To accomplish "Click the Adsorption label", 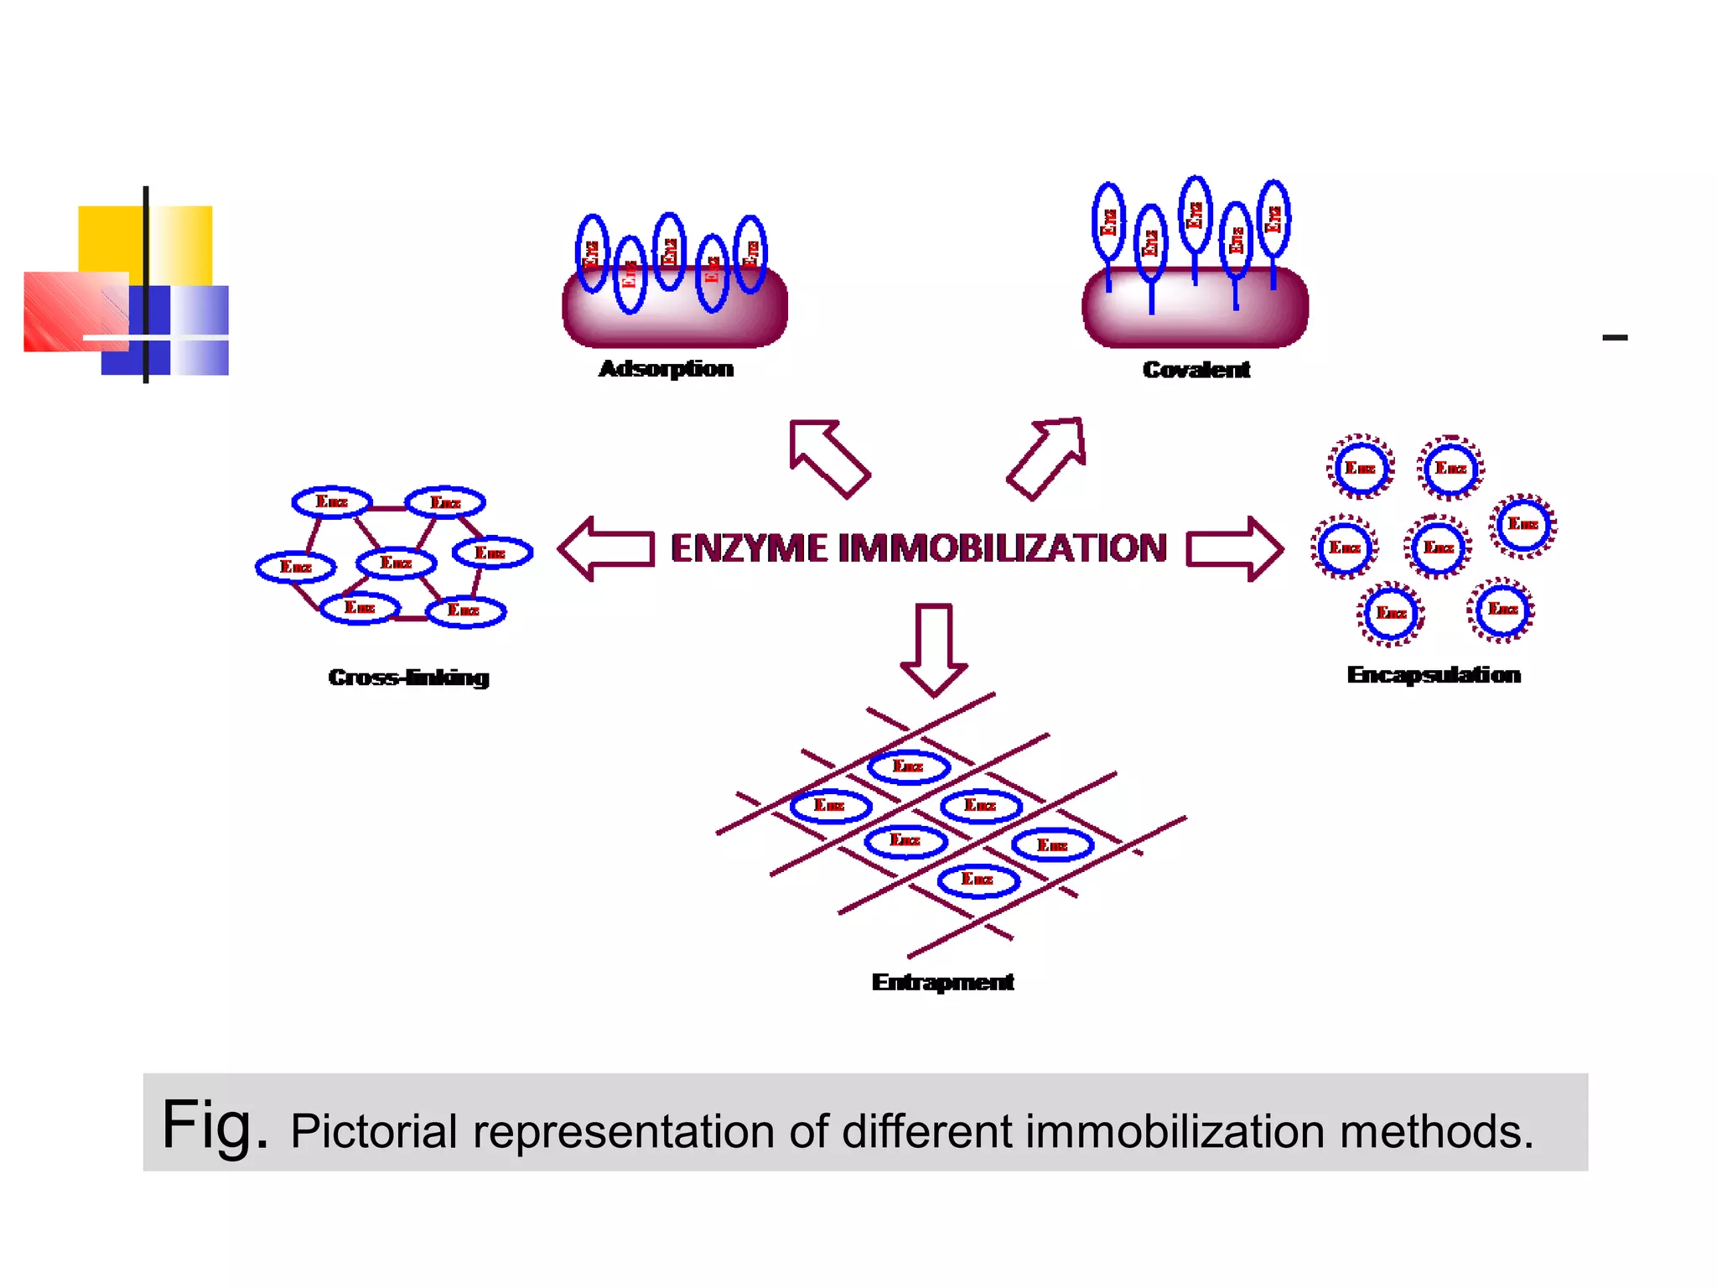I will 666,369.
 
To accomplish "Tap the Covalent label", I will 1196,370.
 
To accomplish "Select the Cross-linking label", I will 408,678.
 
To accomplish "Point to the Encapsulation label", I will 1434,675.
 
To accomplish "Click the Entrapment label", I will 942,982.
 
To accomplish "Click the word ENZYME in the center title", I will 749,548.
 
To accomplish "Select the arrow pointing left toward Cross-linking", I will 605,549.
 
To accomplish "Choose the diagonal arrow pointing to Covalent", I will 1048,457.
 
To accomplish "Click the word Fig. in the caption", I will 215,1124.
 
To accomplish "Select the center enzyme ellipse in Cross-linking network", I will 396,563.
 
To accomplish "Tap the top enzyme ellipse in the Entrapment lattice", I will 908,766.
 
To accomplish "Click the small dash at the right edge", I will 1614,337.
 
